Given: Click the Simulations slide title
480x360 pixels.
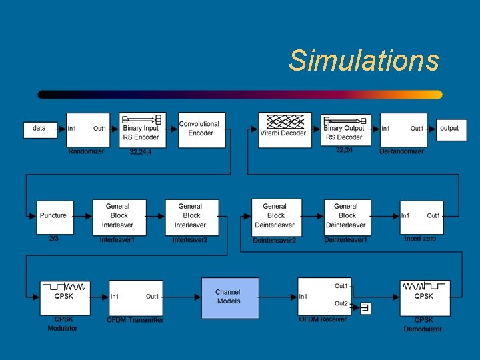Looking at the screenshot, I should click(x=364, y=61).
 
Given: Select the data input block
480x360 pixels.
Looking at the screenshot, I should click(x=40, y=129).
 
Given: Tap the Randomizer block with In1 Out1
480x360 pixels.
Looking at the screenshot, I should click(x=87, y=129).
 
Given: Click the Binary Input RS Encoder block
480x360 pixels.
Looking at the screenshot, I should click(x=143, y=129).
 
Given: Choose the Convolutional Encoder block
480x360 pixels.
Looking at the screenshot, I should click(x=201, y=129).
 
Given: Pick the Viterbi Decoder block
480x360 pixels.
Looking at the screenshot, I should click(x=284, y=129).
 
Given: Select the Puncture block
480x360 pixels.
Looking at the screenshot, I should click(x=55, y=217).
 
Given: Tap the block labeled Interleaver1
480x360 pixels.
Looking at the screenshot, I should click(x=118, y=217).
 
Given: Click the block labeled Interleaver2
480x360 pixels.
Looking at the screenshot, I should click(x=191, y=217).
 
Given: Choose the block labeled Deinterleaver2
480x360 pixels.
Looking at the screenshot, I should click(x=275, y=217).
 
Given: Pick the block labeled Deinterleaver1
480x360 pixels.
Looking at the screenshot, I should click(x=347, y=217).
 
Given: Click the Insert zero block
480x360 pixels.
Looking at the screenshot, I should click(x=421, y=217).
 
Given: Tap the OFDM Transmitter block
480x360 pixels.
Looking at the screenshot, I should click(x=135, y=298).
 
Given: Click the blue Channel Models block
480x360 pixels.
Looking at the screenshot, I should click(x=230, y=298).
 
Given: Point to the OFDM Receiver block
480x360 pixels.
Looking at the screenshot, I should click(x=325, y=297).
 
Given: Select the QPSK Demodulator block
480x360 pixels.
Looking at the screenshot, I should click(x=424, y=297).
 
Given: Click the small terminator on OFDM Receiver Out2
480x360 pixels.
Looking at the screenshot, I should click(x=365, y=308).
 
